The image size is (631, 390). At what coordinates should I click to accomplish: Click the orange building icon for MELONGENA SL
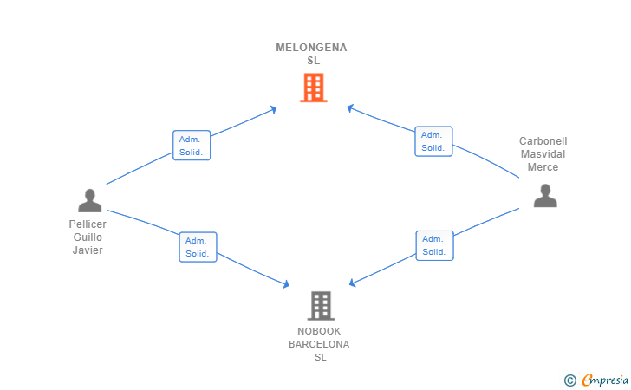(x=314, y=88)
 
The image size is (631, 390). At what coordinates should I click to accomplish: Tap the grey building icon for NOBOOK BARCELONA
(x=321, y=305)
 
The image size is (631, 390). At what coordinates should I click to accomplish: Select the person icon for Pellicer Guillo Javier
(x=90, y=200)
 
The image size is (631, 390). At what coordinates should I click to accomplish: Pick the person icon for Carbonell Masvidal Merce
(x=545, y=196)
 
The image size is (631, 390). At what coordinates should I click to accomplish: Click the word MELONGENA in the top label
(x=311, y=48)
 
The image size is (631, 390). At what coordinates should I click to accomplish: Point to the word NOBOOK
(x=319, y=331)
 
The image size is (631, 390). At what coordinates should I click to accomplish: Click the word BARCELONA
(x=319, y=344)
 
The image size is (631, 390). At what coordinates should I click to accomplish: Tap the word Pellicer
(x=88, y=224)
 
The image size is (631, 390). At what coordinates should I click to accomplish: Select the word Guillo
(x=88, y=237)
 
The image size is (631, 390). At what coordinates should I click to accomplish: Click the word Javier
(x=88, y=250)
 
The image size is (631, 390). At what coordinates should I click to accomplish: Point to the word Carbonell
(x=543, y=141)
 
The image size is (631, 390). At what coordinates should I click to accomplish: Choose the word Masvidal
(x=543, y=153)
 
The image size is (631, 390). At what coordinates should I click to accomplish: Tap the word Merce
(x=543, y=167)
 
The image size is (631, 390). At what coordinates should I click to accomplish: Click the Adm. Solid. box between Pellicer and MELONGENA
(x=192, y=146)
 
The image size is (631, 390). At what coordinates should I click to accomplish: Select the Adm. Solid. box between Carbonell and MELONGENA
(x=433, y=141)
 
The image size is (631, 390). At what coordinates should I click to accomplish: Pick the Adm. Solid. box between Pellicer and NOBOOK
(x=198, y=247)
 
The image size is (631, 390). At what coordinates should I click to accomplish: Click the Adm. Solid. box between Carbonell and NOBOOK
(x=434, y=245)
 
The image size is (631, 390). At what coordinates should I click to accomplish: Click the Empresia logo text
(x=605, y=380)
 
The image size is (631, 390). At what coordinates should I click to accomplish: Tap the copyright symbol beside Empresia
(x=570, y=380)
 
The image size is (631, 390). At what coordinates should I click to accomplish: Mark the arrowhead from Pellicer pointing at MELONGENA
(x=274, y=109)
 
